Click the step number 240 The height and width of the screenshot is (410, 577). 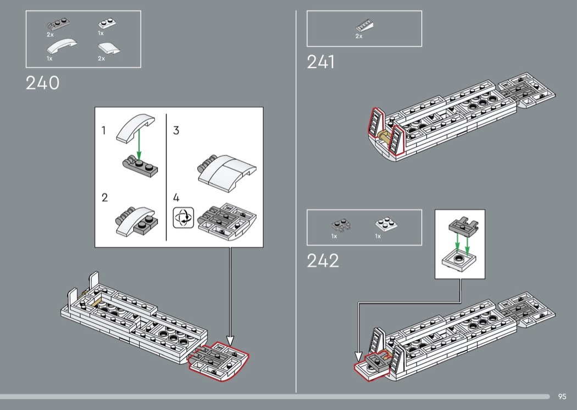point(42,83)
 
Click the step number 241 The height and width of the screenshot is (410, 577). point(321,62)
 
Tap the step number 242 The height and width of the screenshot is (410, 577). point(323,261)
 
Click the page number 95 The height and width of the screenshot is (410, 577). point(562,396)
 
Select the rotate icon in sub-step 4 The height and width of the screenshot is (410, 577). point(183,218)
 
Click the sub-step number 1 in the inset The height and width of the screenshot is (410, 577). point(104,130)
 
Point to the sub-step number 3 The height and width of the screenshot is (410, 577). point(176,130)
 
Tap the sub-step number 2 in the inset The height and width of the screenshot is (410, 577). point(105,198)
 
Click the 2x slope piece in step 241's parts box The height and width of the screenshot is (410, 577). point(364,26)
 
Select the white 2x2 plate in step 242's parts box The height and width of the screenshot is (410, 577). point(386,224)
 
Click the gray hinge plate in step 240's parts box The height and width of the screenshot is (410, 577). point(58,25)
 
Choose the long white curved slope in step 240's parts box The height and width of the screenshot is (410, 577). point(62,46)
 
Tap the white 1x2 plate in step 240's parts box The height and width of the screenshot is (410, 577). point(107,24)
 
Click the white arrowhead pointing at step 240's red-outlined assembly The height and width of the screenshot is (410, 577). point(230,340)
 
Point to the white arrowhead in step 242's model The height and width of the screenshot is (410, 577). point(358,356)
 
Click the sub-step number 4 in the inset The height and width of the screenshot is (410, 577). point(176,198)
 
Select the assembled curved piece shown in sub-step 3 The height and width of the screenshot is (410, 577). point(227,173)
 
